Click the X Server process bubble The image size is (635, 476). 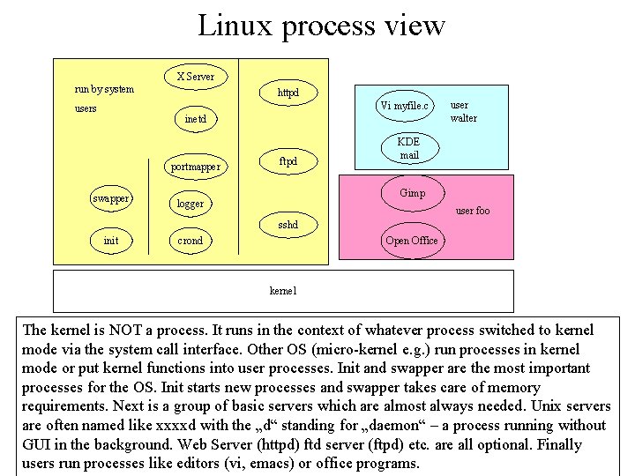tap(195, 77)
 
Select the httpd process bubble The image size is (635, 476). tap(288, 93)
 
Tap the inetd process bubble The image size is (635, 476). tap(195, 119)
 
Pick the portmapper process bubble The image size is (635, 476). tap(195, 167)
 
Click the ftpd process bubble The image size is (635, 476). tap(288, 161)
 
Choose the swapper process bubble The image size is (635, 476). tap(112, 198)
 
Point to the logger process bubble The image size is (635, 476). tap(190, 204)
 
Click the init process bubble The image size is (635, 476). tap(111, 240)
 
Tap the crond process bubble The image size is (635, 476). tap(190, 241)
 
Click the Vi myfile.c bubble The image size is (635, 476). tap(404, 107)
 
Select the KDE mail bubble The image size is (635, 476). tap(408, 148)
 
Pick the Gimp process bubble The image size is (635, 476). tap(412, 193)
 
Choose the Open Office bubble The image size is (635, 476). tap(411, 241)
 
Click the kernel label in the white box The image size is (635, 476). tap(282, 290)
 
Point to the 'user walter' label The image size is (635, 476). tap(463, 111)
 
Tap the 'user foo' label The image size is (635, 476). tap(472, 211)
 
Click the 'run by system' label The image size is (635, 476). tap(104, 89)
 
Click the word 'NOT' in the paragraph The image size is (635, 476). tap(128, 331)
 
